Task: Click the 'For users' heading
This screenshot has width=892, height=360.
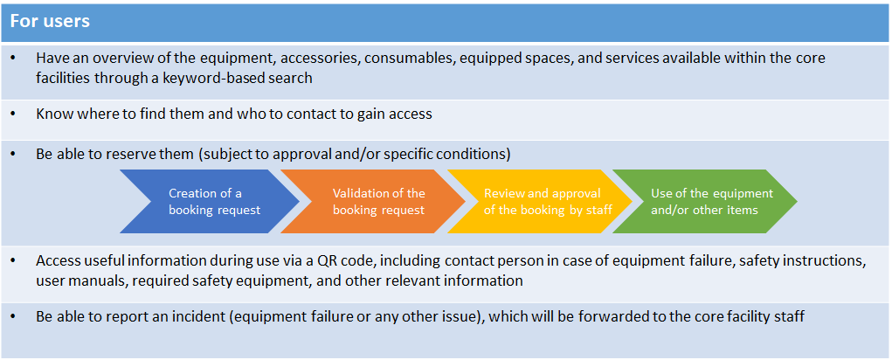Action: pos(50,21)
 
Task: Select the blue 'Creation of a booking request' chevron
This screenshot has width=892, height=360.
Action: pos(210,201)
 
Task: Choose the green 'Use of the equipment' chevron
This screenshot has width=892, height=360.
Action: pos(704,201)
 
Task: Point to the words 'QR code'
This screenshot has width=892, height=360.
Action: pos(398,261)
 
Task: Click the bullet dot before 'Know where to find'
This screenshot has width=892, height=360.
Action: pos(13,114)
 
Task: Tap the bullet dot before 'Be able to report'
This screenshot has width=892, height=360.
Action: pos(13,317)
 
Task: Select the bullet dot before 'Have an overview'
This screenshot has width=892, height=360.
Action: pos(13,59)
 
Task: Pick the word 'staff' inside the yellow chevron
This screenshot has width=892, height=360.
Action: pos(599,210)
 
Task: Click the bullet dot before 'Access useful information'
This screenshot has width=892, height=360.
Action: pos(13,261)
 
